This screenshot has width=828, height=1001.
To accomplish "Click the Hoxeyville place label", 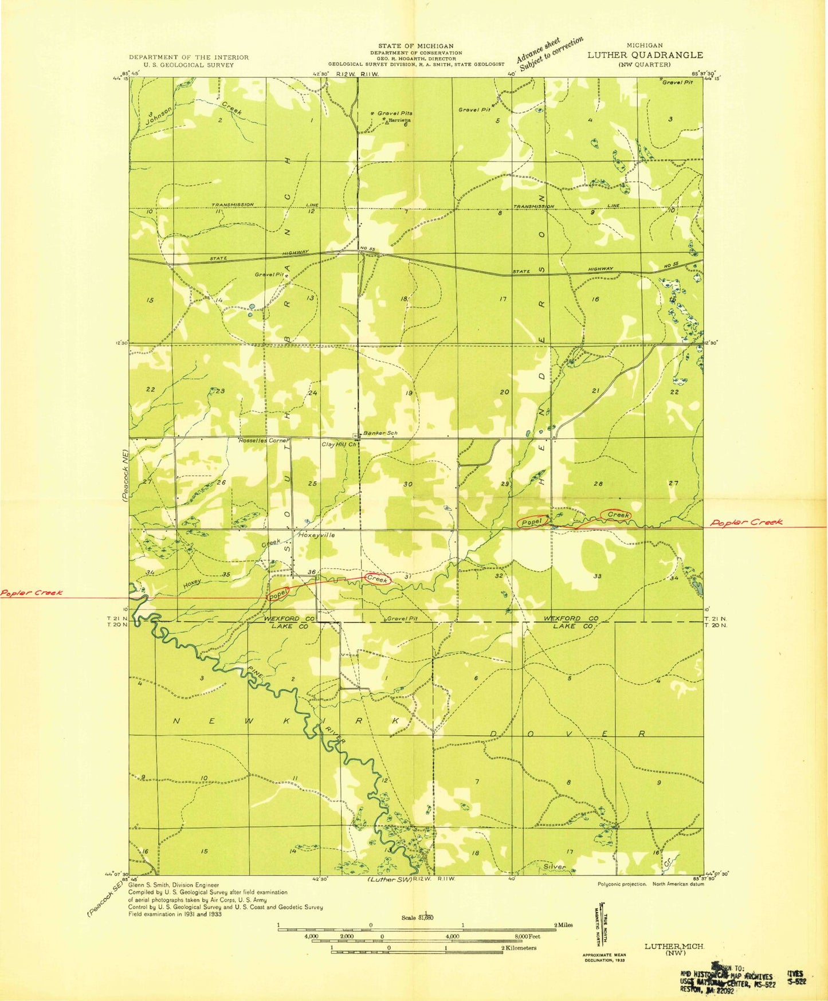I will click(316, 535).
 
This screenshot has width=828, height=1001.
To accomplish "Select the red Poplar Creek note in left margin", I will click(31, 593).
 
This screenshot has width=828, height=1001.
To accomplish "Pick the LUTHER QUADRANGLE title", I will click(645, 55).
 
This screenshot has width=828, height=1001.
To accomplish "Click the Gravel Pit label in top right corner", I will click(678, 82).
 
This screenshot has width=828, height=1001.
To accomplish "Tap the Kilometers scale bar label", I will click(519, 948).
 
